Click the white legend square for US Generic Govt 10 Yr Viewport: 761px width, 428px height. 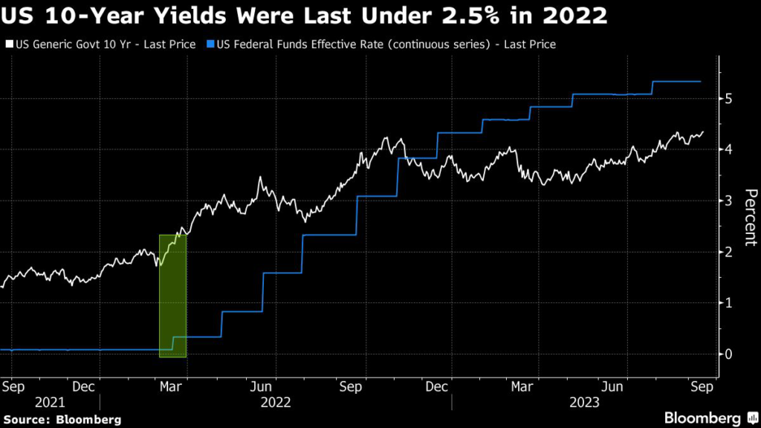click(8, 45)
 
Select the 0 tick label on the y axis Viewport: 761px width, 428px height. click(731, 354)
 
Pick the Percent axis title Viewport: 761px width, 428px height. click(750, 217)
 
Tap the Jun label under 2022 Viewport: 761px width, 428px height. click(260, 387)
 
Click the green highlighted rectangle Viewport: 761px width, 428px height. click(172, 296)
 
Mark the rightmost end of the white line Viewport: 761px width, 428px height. click(703, 132)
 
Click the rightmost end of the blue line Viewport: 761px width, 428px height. click(701, 82)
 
